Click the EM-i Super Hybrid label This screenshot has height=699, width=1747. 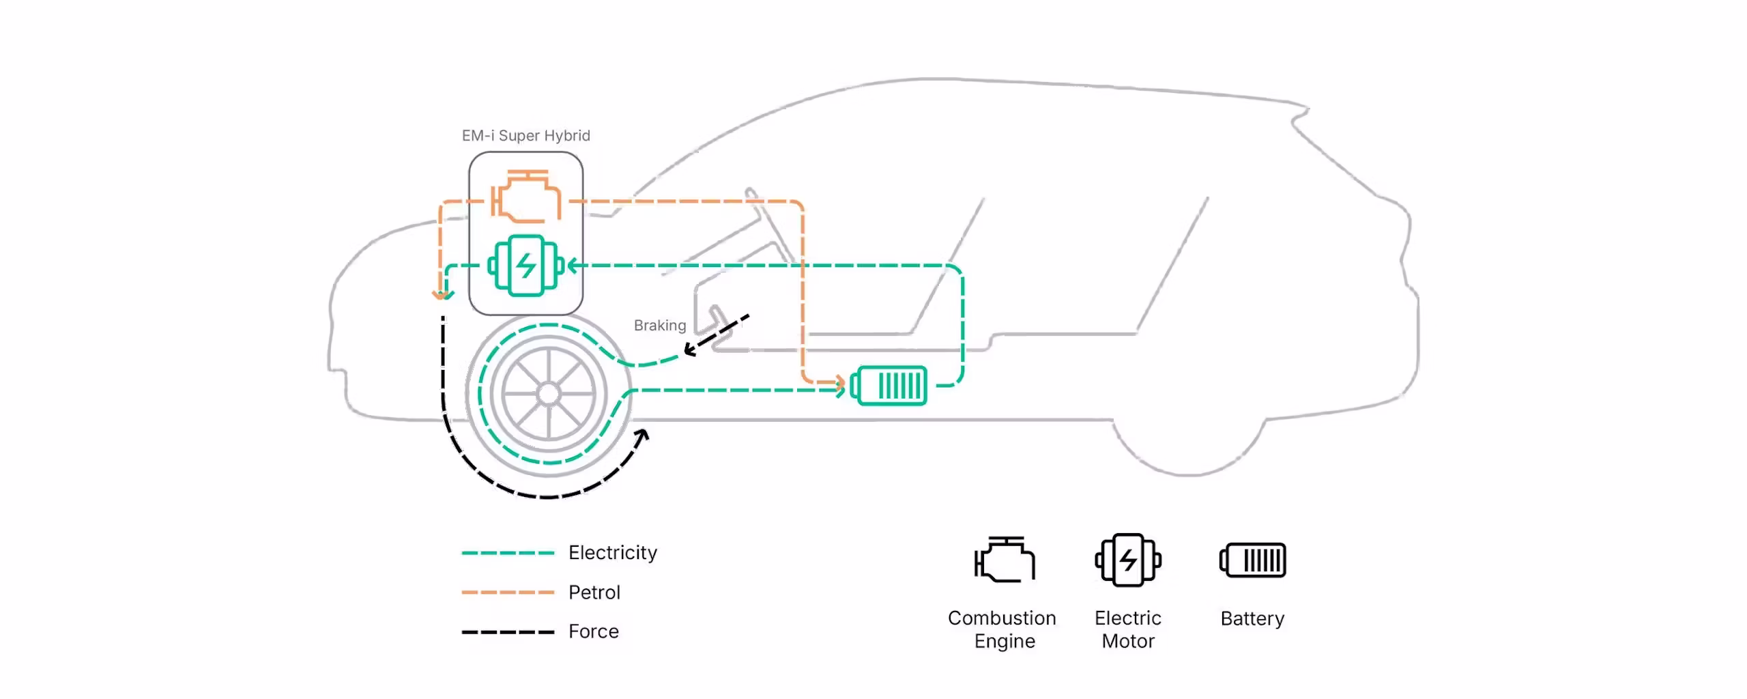pos(526,136)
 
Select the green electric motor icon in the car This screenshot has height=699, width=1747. pos(526,266)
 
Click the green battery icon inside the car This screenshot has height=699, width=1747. pos(889,386)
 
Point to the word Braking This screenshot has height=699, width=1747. pos(660,326)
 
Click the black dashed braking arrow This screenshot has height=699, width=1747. pos(717,335)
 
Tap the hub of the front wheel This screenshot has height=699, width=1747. pos(549,394)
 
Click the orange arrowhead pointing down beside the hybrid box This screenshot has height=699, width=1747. pos(442,295)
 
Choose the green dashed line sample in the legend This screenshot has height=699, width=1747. pos(508,553)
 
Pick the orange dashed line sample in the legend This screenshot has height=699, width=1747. pos(508,593)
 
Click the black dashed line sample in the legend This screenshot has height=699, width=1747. pos(508,632)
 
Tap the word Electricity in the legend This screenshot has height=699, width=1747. pos(613,553)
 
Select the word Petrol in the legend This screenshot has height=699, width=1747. pos(594,593)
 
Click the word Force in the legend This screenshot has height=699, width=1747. pos(594,632)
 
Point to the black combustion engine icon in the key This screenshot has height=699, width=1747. pos(1005,560)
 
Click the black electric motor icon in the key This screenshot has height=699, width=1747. pos(1128,560)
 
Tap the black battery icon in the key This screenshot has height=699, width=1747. pos(1253,560)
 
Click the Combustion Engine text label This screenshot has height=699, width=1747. pos(1002,629)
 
